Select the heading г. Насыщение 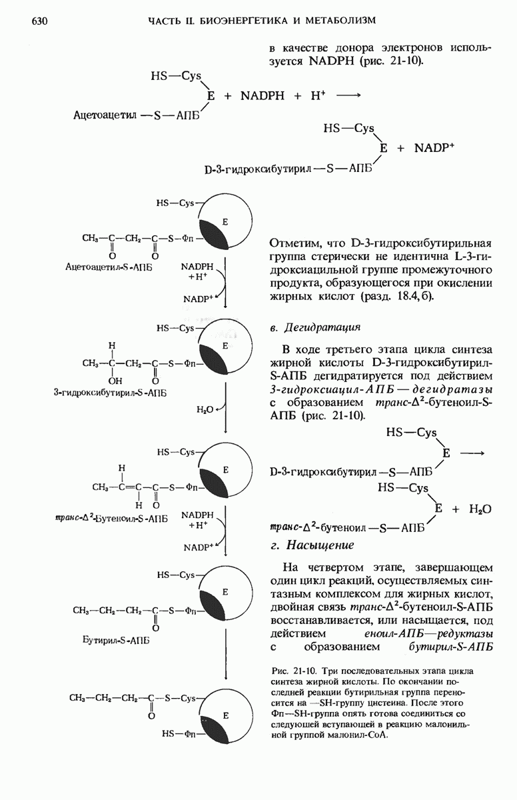313,545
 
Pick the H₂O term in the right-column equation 480,509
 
